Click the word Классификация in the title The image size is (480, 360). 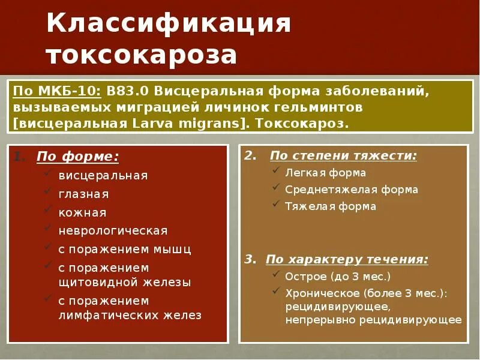click(x=169, y=24)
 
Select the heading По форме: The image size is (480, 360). click(x=77, y=157)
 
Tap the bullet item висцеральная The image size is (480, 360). click(x=103, y=176)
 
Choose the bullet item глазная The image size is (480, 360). click(x=83, y=194)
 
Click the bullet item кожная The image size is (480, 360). click(x=82, y=212)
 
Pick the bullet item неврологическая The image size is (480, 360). click(x=113, y=230)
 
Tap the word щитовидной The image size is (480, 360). click(x=95, y=281)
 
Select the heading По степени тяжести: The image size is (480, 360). click(x=343, y=155)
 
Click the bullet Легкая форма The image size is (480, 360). click(x=326, y=173)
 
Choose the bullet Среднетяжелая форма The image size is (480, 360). click(x=352, y=190)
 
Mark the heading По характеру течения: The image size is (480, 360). click(x=347, y=260)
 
